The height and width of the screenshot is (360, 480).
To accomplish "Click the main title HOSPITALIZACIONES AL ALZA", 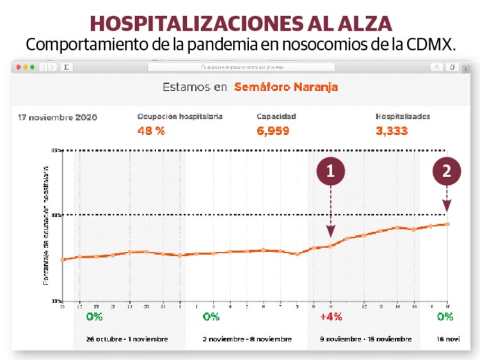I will [240, 23].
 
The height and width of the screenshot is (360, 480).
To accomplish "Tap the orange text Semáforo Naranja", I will [285, 87].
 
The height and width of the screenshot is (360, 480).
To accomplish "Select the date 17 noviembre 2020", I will [58, 118].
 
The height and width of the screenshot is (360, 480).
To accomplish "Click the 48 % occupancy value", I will [151, 131].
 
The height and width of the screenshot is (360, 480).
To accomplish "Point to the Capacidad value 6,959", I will [273, 131].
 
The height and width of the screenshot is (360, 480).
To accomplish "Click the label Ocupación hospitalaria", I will [180, 117].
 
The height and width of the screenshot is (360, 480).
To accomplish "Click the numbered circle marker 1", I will [330, 171].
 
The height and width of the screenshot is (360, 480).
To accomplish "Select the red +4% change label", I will [331, 317].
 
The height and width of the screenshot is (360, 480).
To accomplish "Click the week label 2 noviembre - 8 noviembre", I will [246, 339].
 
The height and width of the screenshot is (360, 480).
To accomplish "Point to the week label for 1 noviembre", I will [127, 339].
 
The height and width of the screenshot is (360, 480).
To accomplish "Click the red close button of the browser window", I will [19, 67].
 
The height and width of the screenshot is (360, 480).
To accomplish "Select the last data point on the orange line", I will [447, 224].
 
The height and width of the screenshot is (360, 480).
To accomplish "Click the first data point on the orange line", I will [63, 260].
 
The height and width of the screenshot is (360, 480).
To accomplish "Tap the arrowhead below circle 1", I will [330, 233].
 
